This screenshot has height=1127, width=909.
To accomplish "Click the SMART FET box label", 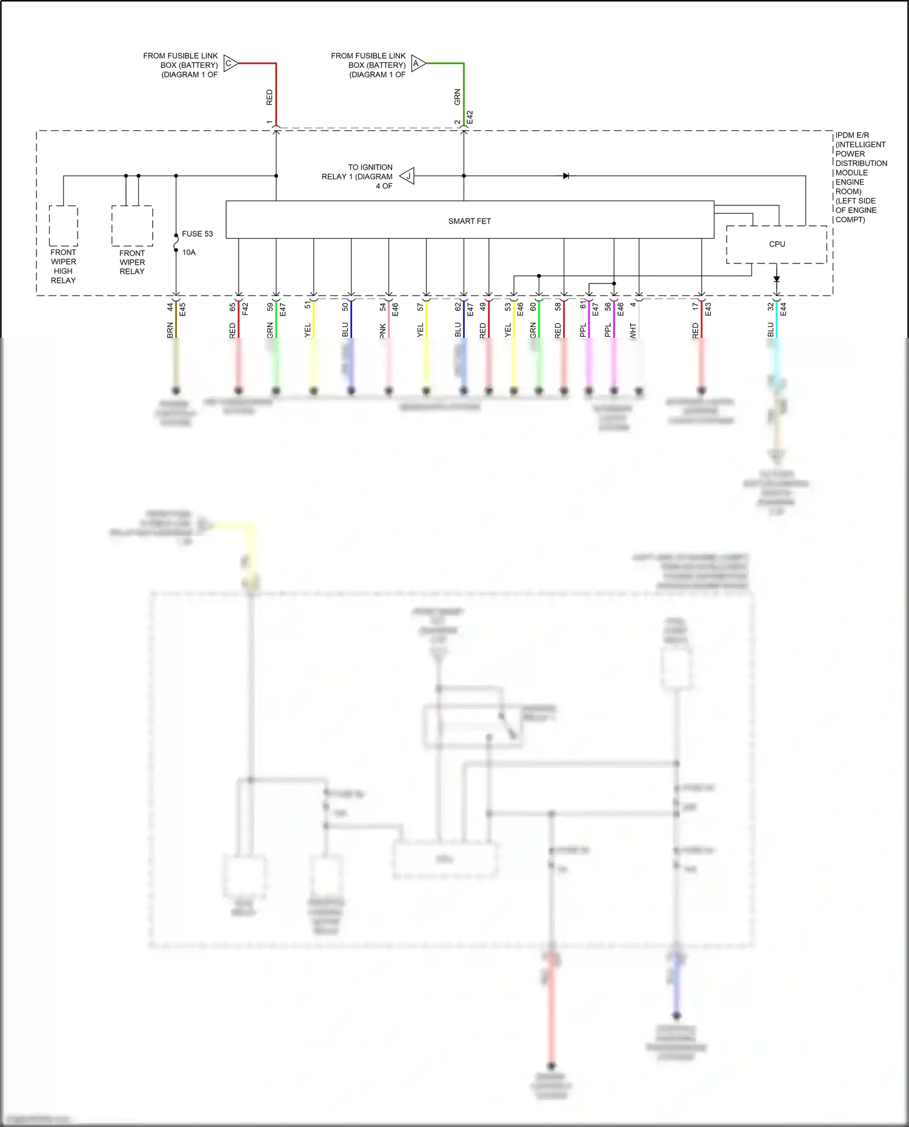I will coord(469,221).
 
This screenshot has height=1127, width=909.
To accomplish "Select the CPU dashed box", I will coord(776,245).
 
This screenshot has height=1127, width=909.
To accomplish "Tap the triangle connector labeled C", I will coord(230,64).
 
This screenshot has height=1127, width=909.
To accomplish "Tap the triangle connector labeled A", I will coord(418,64).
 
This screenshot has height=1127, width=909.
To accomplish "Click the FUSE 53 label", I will coord(197,234).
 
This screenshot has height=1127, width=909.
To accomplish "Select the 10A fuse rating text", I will coord(188,253).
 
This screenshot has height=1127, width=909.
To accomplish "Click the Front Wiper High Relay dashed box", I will coord(63,226).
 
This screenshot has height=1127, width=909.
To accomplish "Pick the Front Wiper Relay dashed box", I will coord(132,226).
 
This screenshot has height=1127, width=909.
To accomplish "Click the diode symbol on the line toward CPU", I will coord(565,176).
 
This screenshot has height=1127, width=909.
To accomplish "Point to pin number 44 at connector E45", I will coord(170,308).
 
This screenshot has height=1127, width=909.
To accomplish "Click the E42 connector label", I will coord(470,117).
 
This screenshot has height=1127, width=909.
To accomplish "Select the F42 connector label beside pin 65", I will coord(245,309).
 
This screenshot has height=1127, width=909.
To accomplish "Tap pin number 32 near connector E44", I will coord(771,307).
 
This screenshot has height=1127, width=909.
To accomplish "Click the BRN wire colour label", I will coord(170,330).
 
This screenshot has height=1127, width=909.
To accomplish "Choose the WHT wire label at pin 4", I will coord(633,331).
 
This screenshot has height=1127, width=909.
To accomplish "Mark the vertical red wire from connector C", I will coord(276,97).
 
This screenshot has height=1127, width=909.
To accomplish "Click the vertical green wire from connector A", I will coord(464,97).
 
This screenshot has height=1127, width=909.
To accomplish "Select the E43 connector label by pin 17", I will coord(708,309).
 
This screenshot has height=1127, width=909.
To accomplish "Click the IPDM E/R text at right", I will coord(852,135).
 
